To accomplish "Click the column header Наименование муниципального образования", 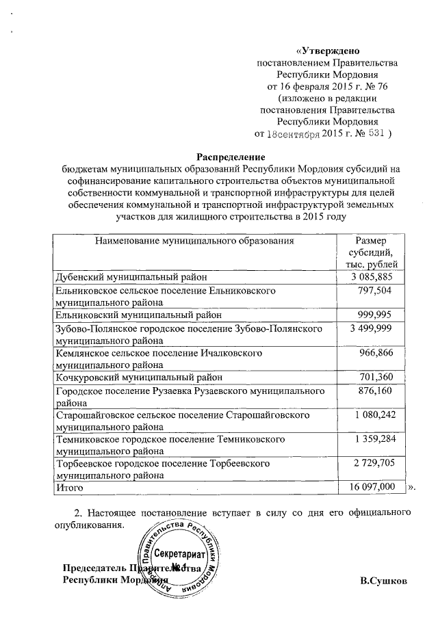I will coord(194,241).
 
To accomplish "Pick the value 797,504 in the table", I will coord(375,291).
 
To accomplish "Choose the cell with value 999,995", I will coord(375,315).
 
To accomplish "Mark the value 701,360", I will coord(375,378).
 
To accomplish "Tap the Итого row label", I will coord(69,488).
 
